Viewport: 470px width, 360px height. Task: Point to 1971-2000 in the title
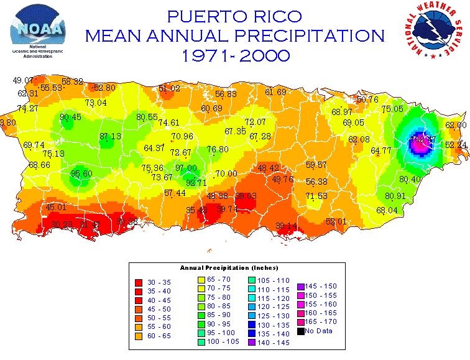[x=236, y=55]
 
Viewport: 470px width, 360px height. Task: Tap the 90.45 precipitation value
[x=70, y=117]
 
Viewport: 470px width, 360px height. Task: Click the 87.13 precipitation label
[x=110, y=136]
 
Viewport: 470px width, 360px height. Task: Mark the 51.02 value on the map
[x=169, y=89]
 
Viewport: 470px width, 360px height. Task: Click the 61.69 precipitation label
[x=275, y=93]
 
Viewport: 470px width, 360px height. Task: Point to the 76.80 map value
[x=218, y=149]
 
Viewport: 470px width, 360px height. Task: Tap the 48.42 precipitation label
[x=269, y=168]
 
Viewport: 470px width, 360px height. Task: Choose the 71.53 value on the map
[x=316, y=196]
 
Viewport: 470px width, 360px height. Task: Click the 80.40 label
[x=410, y=179]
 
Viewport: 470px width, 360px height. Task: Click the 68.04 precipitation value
[x=387, y=210]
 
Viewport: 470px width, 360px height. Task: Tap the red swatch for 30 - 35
[x=139, y=282]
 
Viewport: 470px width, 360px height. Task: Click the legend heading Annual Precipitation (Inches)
[x=229, y=268]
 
